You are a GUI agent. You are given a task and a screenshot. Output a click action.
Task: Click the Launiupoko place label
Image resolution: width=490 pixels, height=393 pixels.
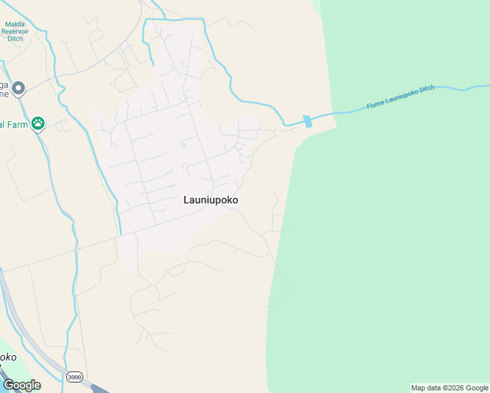pyautogui.click(x=211, y=200)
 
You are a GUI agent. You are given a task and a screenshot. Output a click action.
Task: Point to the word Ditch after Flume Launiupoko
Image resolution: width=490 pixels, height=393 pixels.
pyautogui.click(x=426, y=89)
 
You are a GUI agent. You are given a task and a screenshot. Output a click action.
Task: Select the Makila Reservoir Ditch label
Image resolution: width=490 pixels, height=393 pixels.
pyautogui.click(x=15, y=31)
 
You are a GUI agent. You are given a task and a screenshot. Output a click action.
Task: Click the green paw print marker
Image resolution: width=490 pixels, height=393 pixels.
pyautogui.click(x=39, y=122)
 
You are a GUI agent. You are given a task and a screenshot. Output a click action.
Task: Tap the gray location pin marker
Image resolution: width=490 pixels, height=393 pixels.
pyautogui.click(x=18, y=88)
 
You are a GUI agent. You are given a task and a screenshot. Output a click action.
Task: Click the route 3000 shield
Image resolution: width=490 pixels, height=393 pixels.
pyautogui.click(x=74, y=377)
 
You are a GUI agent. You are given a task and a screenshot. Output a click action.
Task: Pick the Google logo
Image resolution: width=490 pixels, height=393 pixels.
pyautogui.click(x=22, y=385)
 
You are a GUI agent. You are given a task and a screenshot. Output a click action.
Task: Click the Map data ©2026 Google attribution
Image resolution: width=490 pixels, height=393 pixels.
pyautogui.click(x=450, y=388)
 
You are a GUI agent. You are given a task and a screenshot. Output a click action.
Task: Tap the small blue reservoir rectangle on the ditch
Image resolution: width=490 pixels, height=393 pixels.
pyautogui.click(x=307, y=121)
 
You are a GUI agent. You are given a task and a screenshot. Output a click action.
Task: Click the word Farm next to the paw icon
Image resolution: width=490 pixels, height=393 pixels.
pyautogui.click(x=18, y=124)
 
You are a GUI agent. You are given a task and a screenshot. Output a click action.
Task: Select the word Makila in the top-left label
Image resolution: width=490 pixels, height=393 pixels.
pyautogui.click(x=15, y=24)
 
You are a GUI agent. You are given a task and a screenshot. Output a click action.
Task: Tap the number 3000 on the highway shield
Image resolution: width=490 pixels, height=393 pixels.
pyautogui.click(x=74, y=377)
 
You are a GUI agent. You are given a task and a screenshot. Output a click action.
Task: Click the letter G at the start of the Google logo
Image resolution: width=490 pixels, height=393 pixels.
pyautogui.click(x=9, y=385)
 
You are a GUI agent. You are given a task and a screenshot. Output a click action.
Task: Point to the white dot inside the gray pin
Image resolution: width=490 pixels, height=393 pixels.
pyautogui.click(x=18, y=86)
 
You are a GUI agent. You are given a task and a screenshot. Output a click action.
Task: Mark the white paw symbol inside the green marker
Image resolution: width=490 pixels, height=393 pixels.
pyautogui.click(x=39, y=122)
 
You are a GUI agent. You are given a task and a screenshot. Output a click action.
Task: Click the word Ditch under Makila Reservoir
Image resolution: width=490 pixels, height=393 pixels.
pyautogui.click(x=15, y=39)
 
